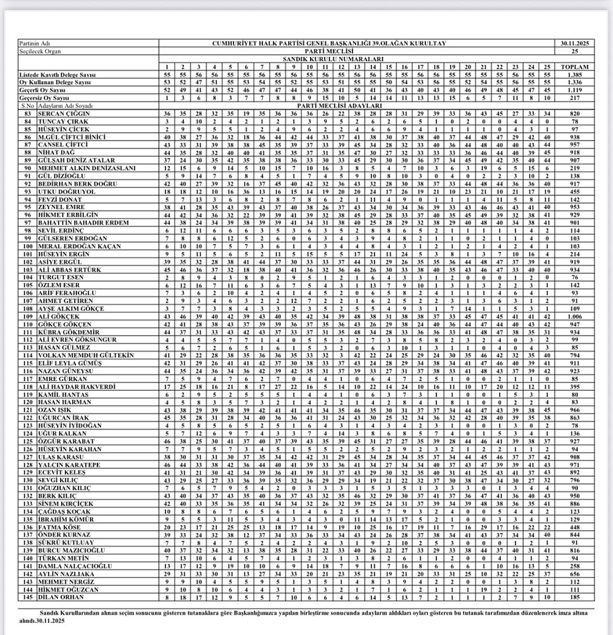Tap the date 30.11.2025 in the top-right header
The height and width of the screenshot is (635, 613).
[x=574, y=44]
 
